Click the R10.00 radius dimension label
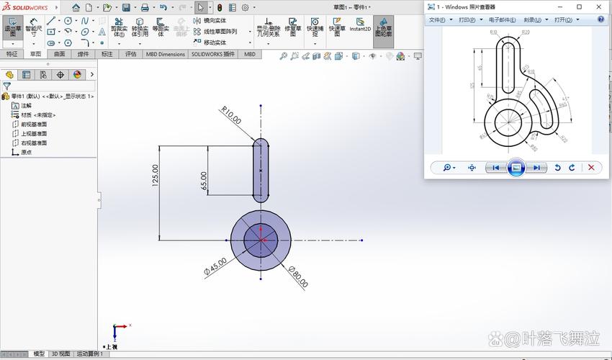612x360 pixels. click(x=232, y=115)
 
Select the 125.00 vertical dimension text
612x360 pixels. click(x=155, y=176)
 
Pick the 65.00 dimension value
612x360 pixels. click(x=204, y=181)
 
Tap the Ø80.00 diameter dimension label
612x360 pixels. click(x=298, y=276)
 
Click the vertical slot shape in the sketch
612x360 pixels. click(x=261, y=171)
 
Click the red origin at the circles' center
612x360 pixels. click(x=260, y=240)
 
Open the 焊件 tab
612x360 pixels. click(x=83, y=54)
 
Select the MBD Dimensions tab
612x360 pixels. click(x=165, y=54)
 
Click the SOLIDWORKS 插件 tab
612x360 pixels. click(x=213, y=54)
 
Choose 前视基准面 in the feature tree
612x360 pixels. click(x=34, y=124)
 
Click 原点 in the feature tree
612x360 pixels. click(x=26, y=152)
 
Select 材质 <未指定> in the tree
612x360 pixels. click(x=37, y=114)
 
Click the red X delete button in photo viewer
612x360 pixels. click(x=591, y=167)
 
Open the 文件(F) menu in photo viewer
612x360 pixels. click(x=439, y=20)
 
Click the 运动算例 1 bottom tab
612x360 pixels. click(x=91, y=354)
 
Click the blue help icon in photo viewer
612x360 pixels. click(x=600, y=20)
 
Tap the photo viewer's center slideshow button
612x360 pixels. click(x=515, y=168)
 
